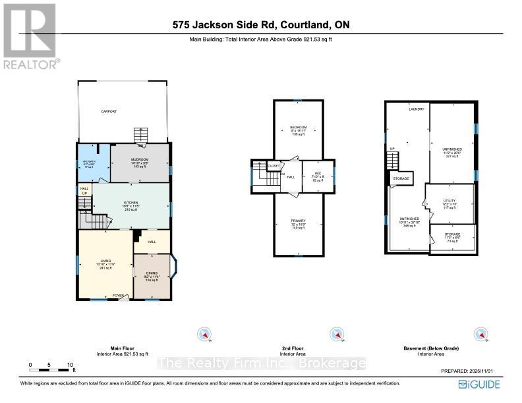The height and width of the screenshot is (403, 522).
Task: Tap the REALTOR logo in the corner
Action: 30,36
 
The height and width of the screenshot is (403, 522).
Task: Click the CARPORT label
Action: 109,112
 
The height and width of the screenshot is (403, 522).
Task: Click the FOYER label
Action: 119,295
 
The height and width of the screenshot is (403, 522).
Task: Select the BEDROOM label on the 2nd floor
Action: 299,127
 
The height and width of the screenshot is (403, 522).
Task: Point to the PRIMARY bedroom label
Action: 299,221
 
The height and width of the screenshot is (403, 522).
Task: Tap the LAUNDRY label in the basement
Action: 416,109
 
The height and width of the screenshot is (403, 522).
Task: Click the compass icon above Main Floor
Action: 206,335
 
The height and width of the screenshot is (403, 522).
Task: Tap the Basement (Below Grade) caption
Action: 431,348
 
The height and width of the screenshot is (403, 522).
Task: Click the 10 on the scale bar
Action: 69,364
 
